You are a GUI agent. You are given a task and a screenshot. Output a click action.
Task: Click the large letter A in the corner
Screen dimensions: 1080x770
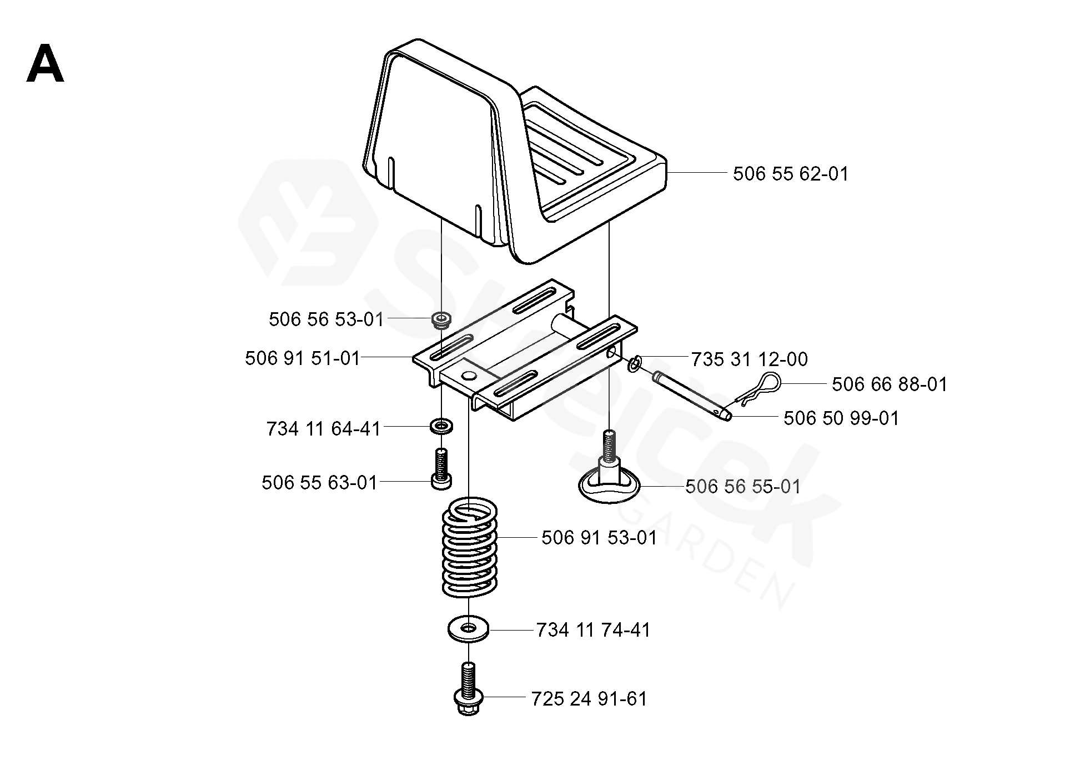(x=45, y=64)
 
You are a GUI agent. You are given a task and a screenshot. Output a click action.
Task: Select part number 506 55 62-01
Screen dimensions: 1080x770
(x=791, y=174)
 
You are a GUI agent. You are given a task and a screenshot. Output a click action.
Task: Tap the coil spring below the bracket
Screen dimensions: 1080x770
(x=470, y=547)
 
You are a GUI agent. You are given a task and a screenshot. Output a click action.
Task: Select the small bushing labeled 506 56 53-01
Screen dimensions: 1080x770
(x=441, y=320)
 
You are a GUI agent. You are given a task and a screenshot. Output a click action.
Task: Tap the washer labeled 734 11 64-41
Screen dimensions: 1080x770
(x=441, y=427)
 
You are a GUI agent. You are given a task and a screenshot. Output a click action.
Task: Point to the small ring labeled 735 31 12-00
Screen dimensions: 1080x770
(x=635, y=364)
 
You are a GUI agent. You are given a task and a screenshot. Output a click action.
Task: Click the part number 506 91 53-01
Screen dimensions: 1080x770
(x=599, y=538)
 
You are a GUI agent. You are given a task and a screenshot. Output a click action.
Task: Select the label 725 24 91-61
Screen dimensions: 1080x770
(x=589, y=699)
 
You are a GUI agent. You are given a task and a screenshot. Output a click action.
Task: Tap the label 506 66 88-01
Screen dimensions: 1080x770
(x=890, y=384)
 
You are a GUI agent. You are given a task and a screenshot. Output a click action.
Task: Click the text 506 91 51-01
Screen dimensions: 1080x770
(x=303, y=358)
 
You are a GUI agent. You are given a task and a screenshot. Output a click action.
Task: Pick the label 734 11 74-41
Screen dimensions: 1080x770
(x=593, y=630)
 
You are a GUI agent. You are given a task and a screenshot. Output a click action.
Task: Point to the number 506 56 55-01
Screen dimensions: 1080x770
(x=743, y=487)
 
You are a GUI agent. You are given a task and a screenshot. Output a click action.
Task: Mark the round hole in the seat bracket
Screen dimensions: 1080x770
(x=469, y=377)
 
